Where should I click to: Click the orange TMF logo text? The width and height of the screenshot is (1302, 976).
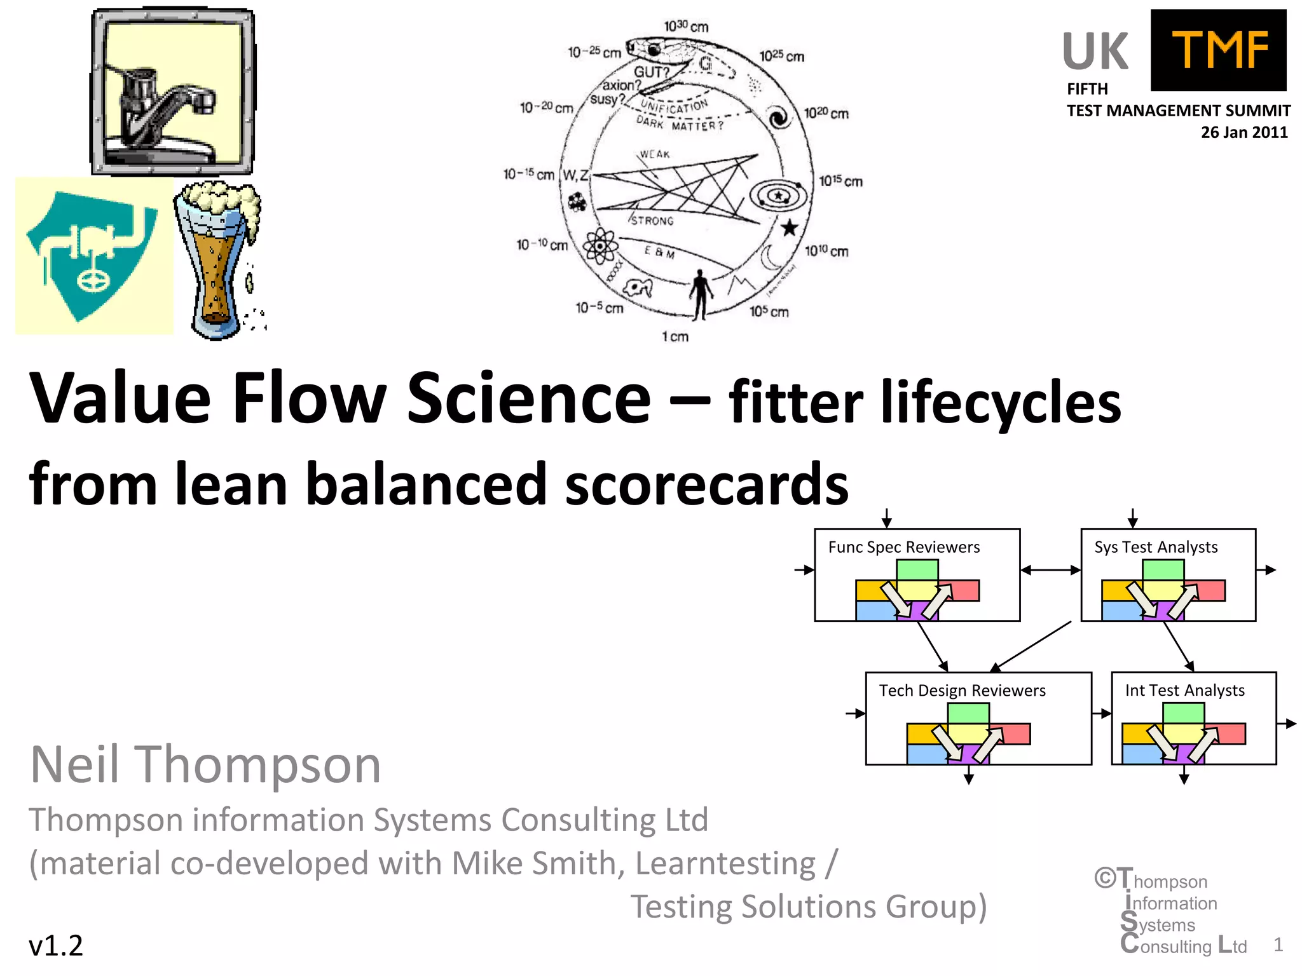(1219, 50)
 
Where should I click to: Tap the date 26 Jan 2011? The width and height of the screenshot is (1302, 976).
(1244, 132)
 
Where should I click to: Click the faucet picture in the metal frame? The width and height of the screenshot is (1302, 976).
(172, 92)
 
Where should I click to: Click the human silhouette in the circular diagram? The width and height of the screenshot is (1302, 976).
(701, 294)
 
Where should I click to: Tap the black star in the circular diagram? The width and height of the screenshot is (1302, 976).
(789, 227)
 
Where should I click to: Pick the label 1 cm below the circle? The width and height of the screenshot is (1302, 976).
(675, 336)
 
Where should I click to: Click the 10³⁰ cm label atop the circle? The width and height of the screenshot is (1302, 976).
(686, 26)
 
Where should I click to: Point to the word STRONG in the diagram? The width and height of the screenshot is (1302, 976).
(652, 220)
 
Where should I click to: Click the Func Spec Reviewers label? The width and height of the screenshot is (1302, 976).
(903, 547)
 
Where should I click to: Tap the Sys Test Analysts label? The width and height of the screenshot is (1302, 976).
(1155, 547)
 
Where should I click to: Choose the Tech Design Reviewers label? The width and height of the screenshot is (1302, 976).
(962, 691)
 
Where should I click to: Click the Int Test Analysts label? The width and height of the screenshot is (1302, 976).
(1184, 691)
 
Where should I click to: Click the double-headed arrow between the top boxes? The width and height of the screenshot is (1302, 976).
(1050, 570)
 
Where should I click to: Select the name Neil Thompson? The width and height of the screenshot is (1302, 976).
(205, 764)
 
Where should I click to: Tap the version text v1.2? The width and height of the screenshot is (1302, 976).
(56, 945)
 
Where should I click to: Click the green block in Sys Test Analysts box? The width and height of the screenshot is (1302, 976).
(1163, 569)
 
